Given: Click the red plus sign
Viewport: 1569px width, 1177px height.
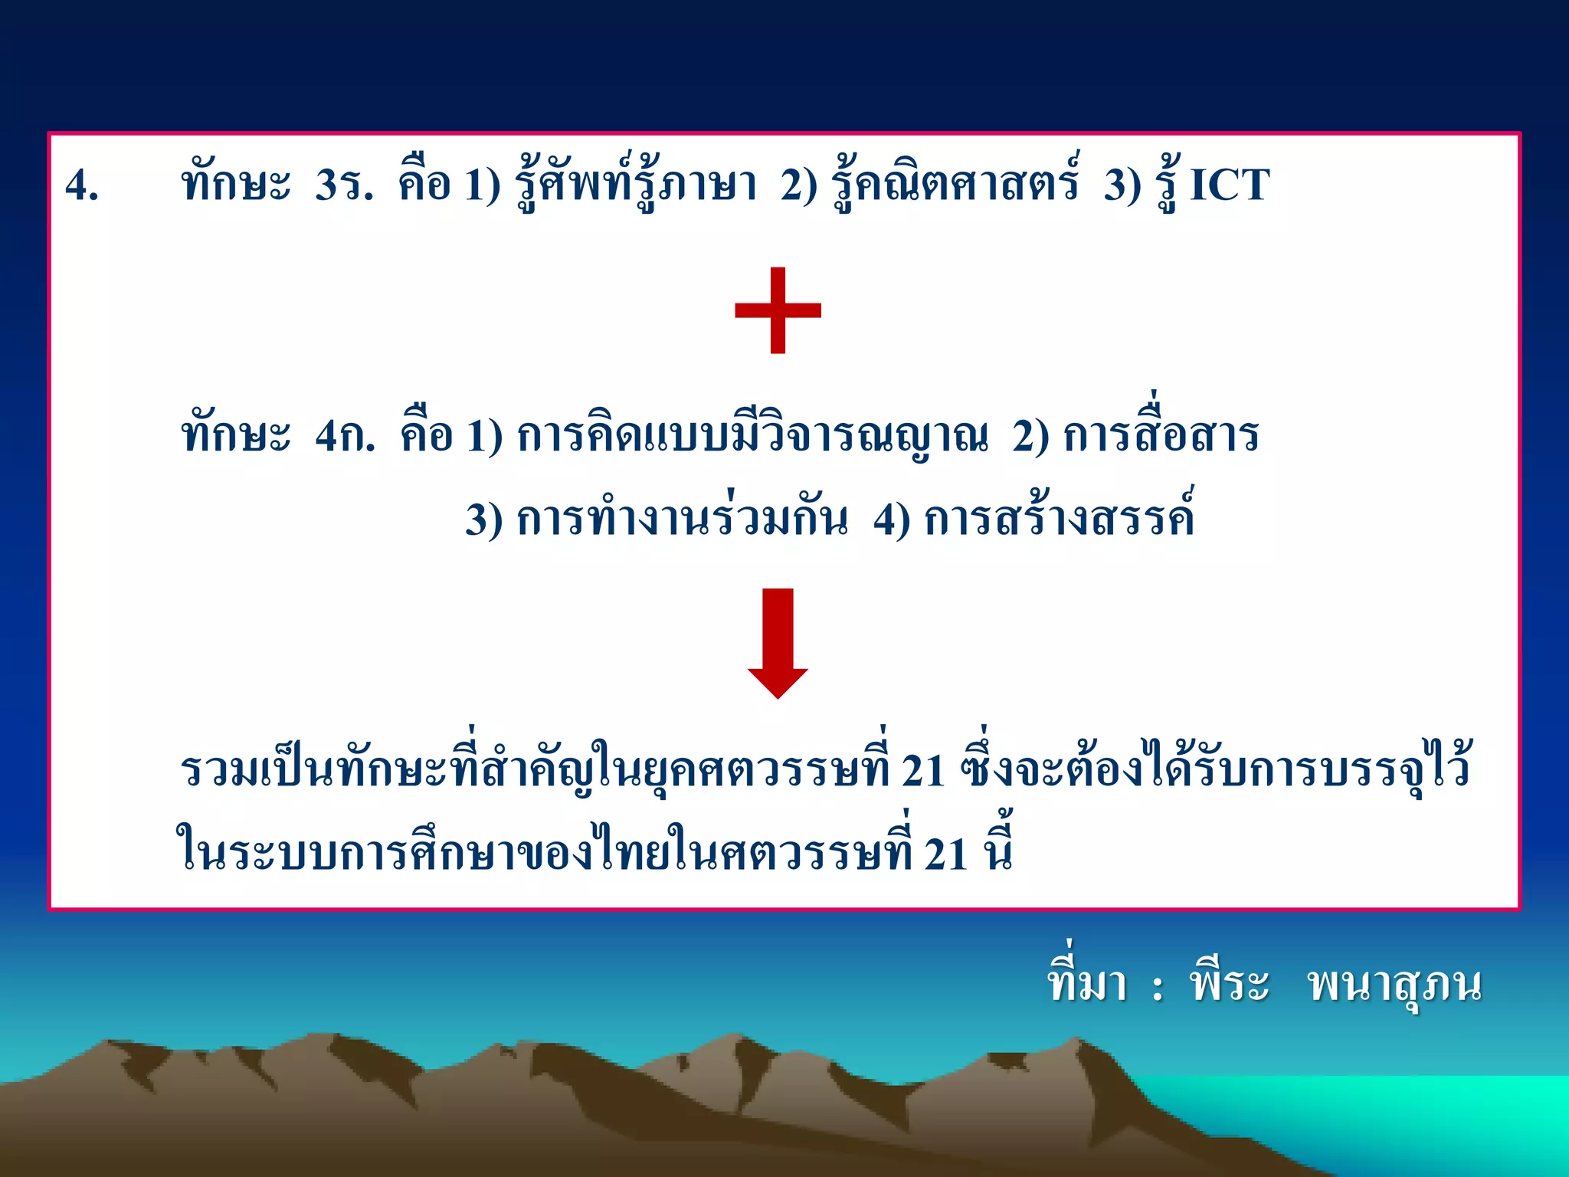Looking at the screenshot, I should [778, 310].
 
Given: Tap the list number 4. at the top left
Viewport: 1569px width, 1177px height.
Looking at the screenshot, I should [82, 185].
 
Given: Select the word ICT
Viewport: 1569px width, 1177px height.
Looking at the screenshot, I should [1229, 185].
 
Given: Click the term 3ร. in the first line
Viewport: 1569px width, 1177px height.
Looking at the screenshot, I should [344, 185].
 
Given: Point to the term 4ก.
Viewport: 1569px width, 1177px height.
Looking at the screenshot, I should [345, 435].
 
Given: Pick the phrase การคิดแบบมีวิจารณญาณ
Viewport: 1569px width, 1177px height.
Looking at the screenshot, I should [752, 435].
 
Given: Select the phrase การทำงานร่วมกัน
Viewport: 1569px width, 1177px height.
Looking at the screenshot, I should [682, 520].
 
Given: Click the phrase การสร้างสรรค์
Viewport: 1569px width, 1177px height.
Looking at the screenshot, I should [1059, 518].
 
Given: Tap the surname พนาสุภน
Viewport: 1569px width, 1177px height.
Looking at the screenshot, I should [1394, 985].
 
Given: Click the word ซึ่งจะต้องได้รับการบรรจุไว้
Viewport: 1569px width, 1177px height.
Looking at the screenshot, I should [1215, 769].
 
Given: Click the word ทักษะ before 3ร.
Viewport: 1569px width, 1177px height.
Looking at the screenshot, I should [236, 185].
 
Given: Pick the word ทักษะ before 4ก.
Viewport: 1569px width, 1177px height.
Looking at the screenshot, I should [236, 435].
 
